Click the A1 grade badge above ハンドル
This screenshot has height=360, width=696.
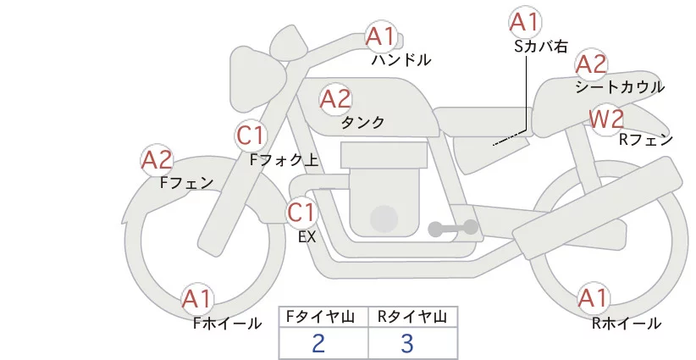click(x=381, y=36)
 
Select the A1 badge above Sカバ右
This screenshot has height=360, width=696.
click(x=525, y=22)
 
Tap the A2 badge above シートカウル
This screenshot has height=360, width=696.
click(x=591, y=65)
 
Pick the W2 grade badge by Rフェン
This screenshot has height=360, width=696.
click(x=606, y=119)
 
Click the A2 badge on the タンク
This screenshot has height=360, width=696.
click(x=335, y=99)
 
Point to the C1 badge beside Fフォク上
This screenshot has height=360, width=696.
click(x=251, y=136)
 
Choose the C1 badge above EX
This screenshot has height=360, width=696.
click(x=301, y=213)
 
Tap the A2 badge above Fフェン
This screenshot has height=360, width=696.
click(x=157, y=160)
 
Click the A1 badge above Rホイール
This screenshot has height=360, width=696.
click(x=593, y=298)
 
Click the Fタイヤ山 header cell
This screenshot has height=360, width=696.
click(x=323, y=317)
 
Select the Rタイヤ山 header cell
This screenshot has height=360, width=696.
click(x=413, y=317)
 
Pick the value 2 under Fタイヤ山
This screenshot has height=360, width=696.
click(x=318, y=343)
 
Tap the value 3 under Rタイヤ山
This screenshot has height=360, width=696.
click(x=407, y=343)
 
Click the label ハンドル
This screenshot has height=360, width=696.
click(x=401, y=60)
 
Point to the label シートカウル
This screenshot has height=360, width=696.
click(x=620, y=87)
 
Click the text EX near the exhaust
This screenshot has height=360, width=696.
click(x=307, y=237)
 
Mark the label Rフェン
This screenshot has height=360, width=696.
click(x=646, y=140)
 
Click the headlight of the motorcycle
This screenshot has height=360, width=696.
click(x=253, y=79)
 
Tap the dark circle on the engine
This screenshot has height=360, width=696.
click(x=384, y=219)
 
